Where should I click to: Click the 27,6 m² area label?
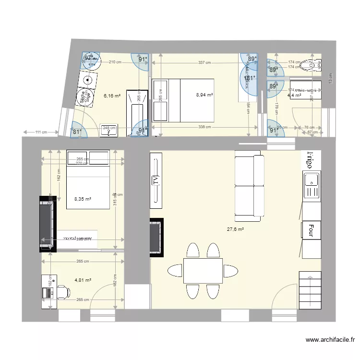[235, 229]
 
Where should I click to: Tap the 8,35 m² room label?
[83, 199]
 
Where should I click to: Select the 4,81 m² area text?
[83, 280]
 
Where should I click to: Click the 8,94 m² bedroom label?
[204, 95]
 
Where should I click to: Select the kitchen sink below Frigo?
[312, 186]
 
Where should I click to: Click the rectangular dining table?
[203, 271]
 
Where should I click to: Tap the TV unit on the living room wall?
[156, 180]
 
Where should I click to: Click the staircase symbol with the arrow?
[309, 290]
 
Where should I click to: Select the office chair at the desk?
[62, 291]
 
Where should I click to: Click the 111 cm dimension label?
[40, 132]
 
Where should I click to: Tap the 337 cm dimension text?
[205, 62]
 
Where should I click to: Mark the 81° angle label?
[76, 131]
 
